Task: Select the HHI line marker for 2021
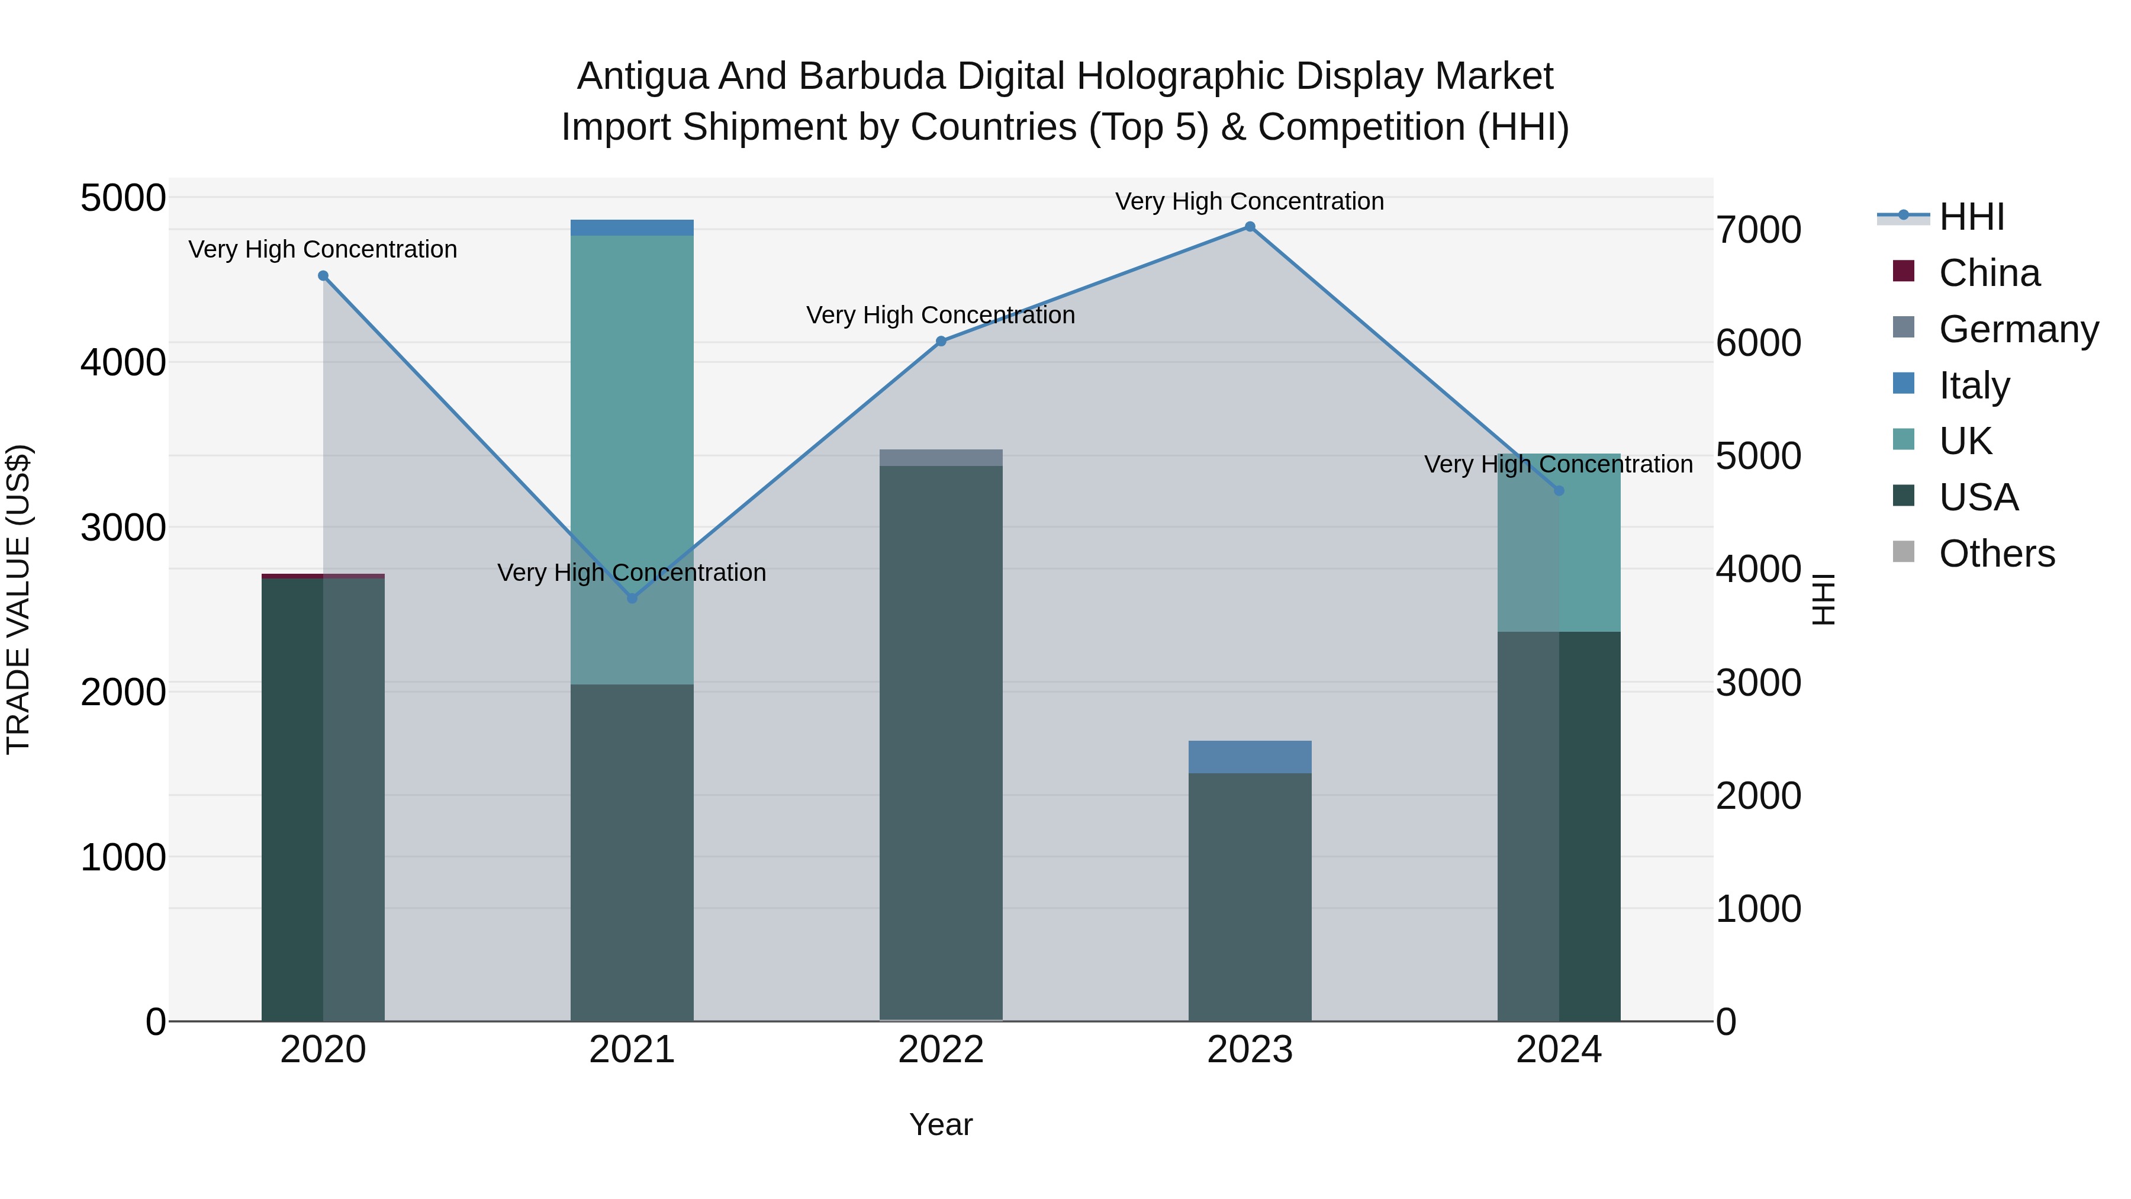click(632, 598)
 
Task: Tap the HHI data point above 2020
click(323, 277)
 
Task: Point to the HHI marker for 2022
click(941, 341)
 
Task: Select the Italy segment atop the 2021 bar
click(632, 227)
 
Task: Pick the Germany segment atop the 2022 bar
click(941, 458)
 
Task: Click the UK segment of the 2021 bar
click(632, 414)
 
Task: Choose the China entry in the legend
click(1989, 273)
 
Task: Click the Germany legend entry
click(2018, 329)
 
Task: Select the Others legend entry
click(1996, 554)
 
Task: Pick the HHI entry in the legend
click(1971, 217)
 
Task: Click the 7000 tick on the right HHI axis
click(1759, 230)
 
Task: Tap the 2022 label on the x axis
click(941, 1050)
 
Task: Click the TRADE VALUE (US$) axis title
click(18, 599)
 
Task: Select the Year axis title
click(941, 1124)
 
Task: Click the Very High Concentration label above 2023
click(1249, 201)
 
